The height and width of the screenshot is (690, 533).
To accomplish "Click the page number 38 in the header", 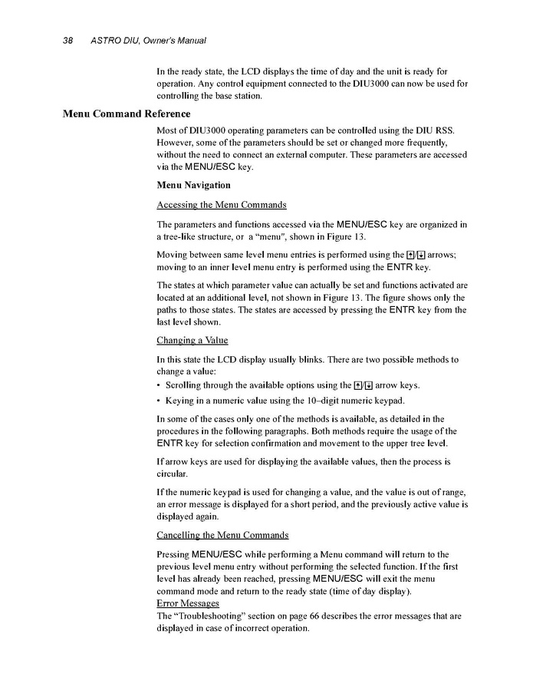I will (67, 40).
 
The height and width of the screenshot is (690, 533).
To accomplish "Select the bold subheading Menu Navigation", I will (193, 185).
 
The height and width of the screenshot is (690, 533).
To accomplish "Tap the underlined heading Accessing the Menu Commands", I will (222, 205).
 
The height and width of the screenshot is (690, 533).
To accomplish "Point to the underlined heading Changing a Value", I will (192, 339).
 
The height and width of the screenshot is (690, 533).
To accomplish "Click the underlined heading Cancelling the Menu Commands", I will (222, 534).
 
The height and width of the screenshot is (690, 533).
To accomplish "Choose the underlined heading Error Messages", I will (188, 603).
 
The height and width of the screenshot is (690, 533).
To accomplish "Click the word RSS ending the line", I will (445, 130).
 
